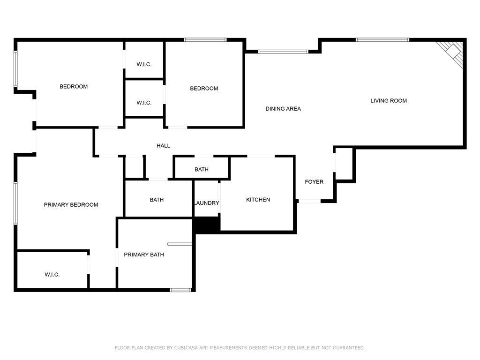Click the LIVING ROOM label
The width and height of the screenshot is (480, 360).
[389, 101]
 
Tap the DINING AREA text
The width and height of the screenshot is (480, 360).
[283, 109]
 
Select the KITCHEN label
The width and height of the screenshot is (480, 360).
[258, 200]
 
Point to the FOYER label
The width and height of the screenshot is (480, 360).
[314, 182]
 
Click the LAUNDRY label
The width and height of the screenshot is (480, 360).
[206, 203]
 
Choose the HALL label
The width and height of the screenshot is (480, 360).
[163, 146]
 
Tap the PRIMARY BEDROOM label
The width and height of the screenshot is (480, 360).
[71, 205]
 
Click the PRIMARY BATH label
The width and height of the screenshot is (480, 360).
[144, 255]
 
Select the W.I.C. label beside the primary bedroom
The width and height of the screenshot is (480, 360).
[52, 275]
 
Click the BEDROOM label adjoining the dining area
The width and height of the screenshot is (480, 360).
[204, 89]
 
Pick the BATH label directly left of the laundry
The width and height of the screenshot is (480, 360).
[157, 200]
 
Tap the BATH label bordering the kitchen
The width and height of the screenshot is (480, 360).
[202, 169]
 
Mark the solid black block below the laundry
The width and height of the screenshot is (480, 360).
[207, 225]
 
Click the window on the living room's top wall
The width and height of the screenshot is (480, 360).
[382, 40]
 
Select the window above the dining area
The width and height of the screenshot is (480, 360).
[283, 52]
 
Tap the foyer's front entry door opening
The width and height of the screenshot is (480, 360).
[309, 201]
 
